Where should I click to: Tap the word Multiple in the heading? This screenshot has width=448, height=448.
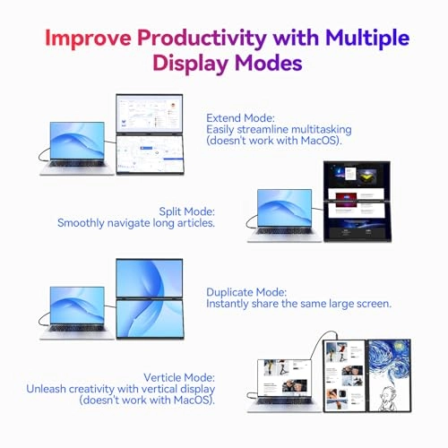(x=367, y=38)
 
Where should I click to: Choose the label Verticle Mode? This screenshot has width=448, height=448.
(x=176, y=376)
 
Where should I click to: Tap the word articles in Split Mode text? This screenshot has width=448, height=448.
(x=194, y=222)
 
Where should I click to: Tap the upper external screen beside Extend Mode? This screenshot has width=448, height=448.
(x=150, y=116)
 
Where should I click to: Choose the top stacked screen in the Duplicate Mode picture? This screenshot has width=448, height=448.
(x=150, y=279)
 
